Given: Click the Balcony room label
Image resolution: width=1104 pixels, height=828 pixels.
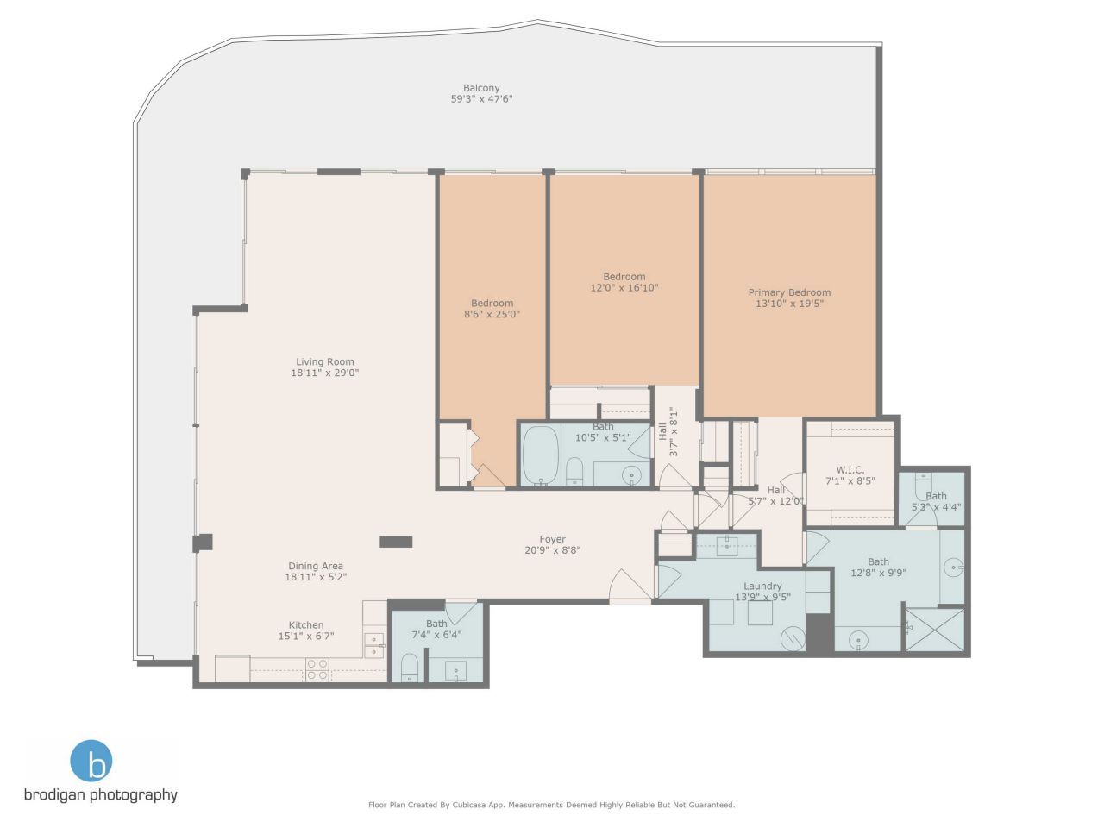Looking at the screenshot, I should [481, 88].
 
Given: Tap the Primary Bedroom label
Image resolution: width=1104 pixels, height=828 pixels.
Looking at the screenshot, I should [789, 292].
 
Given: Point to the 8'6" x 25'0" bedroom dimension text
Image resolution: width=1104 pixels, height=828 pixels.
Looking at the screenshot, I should [492, 315].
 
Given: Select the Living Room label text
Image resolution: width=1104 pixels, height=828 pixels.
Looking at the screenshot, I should [325, 362].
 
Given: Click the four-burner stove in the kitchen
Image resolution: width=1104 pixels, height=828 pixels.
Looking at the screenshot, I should [317, 669].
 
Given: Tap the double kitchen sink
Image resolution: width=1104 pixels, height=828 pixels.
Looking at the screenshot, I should [374, 645].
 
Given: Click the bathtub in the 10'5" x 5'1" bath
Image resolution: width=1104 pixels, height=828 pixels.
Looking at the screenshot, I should [541, 454].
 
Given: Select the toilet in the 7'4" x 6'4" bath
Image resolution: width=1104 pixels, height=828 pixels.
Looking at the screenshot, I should [410, 666].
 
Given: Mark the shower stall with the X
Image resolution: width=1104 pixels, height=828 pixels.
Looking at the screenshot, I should [933, 631].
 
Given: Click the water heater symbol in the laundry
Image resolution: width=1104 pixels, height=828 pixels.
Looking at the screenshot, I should [791, 638].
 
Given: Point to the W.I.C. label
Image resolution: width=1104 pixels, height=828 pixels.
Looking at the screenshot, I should [850, 470].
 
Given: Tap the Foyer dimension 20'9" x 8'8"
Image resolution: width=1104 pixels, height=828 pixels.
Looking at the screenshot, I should [553, 550].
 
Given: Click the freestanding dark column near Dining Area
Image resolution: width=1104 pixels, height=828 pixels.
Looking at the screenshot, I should [396, 542].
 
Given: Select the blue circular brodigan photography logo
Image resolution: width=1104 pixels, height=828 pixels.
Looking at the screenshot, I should [91, 761].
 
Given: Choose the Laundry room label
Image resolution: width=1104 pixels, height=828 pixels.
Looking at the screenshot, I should [762, 586].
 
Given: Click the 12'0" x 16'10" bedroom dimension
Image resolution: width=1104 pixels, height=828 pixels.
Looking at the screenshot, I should [624, 288].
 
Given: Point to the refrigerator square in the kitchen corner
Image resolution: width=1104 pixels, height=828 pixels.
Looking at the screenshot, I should [232, 669].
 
